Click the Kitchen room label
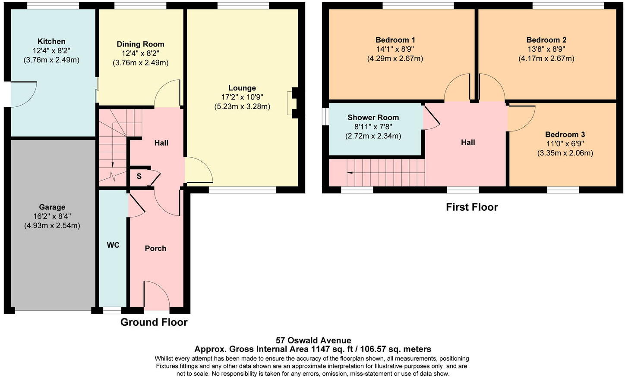pos(51,41)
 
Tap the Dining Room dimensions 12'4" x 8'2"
pos(140,53)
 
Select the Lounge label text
pos(242,88)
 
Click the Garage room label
pos(52,207)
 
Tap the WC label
pos(113,245)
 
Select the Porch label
pos(155,248)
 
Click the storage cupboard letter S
pos(139,176)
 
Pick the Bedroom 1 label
pos(395,40)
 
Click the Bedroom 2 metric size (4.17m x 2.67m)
pos(546,59)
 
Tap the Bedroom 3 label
pos(565,134)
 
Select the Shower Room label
pos(373,117)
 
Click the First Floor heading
pos(472,207)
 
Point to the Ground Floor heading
pos(154,322)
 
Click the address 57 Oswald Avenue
pos(313,340)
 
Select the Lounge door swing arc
pos(199,170)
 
